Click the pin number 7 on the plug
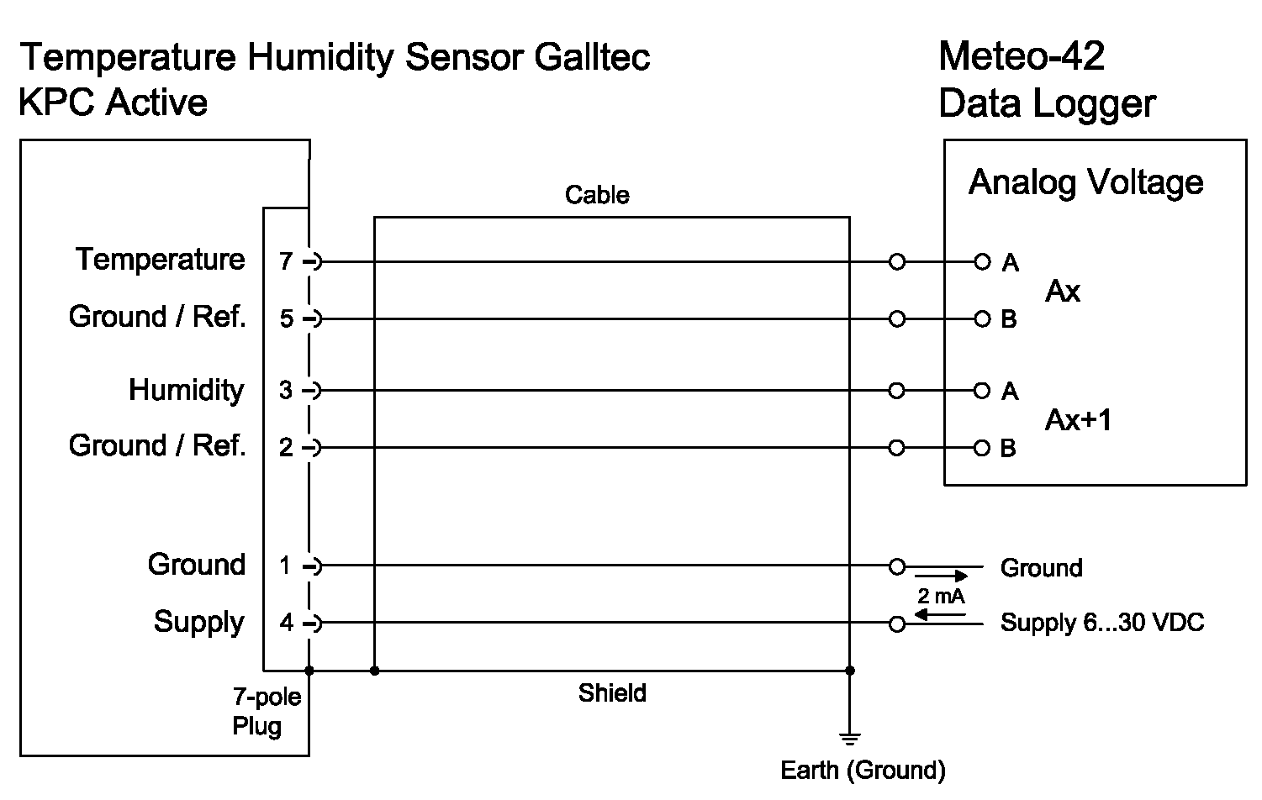pyautogui.click(x=286, y=262)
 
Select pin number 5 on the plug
pyautogui.click(x=286, y=319)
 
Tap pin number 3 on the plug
pyautogui.click(x=286, y=391)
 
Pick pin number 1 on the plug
pyautogui.click(x=286, y=566)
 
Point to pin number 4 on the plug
pyautogui.click(x=286, y=624)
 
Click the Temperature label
pyautogui.click(x=160, y=259)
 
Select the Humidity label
pyautogui.click(x=186, y=390)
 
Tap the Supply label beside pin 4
pyautogui.click(x=198, y=622)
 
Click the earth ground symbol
pyautogui.click(x=850, y=739)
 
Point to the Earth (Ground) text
pyautogui.click(x=863, y=770)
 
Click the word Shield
pyautogui.click(x=612, y=693)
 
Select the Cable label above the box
pyautogui.click(x=597, y=195)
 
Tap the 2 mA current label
pyautogui.click(x=941, y=597)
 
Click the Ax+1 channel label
pyautogui.click(x=1078, y=419)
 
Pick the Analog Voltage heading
pyautogui.click(x=1085, y=182)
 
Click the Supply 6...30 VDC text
pyautogui.click(x=1101, y=623)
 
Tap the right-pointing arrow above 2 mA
pyautogui.click(x=942, y=576)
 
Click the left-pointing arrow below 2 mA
pyautogui.click(x=940, y=614)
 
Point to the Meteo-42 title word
pyautogui.click(x=1021, y=56)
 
